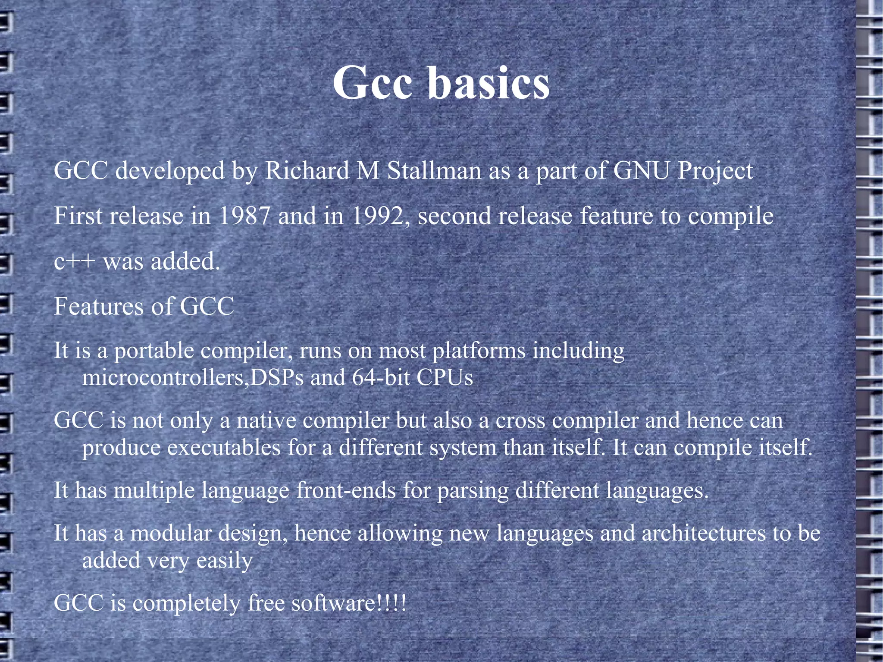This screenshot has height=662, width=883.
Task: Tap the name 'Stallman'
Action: [x=434, y=171]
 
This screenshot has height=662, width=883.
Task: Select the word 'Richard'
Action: [x=307, y=171]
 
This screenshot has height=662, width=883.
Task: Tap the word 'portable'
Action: [x=154, y=351]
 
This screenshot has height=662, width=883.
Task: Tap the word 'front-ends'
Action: [x=346, y=490]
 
